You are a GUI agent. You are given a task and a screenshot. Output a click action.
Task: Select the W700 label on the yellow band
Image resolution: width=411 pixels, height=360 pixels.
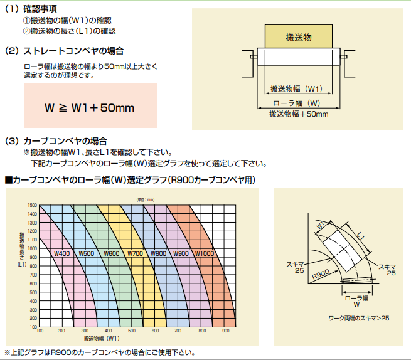tap(136, 253)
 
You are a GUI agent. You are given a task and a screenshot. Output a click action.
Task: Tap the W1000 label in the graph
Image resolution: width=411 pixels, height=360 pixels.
tap(206, 253)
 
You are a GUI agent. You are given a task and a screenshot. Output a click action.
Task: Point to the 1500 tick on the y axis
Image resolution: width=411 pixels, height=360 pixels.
tap(33, 205)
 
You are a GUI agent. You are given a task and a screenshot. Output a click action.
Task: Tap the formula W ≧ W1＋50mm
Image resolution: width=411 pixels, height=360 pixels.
tap(90, 107)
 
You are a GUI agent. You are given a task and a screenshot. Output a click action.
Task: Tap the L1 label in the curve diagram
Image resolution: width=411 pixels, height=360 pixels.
tap(360, 236)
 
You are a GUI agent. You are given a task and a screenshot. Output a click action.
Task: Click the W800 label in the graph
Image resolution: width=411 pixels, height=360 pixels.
tap(159, 253)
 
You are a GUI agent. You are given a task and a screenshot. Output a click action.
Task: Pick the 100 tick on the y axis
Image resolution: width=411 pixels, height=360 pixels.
tap(33, 327)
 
